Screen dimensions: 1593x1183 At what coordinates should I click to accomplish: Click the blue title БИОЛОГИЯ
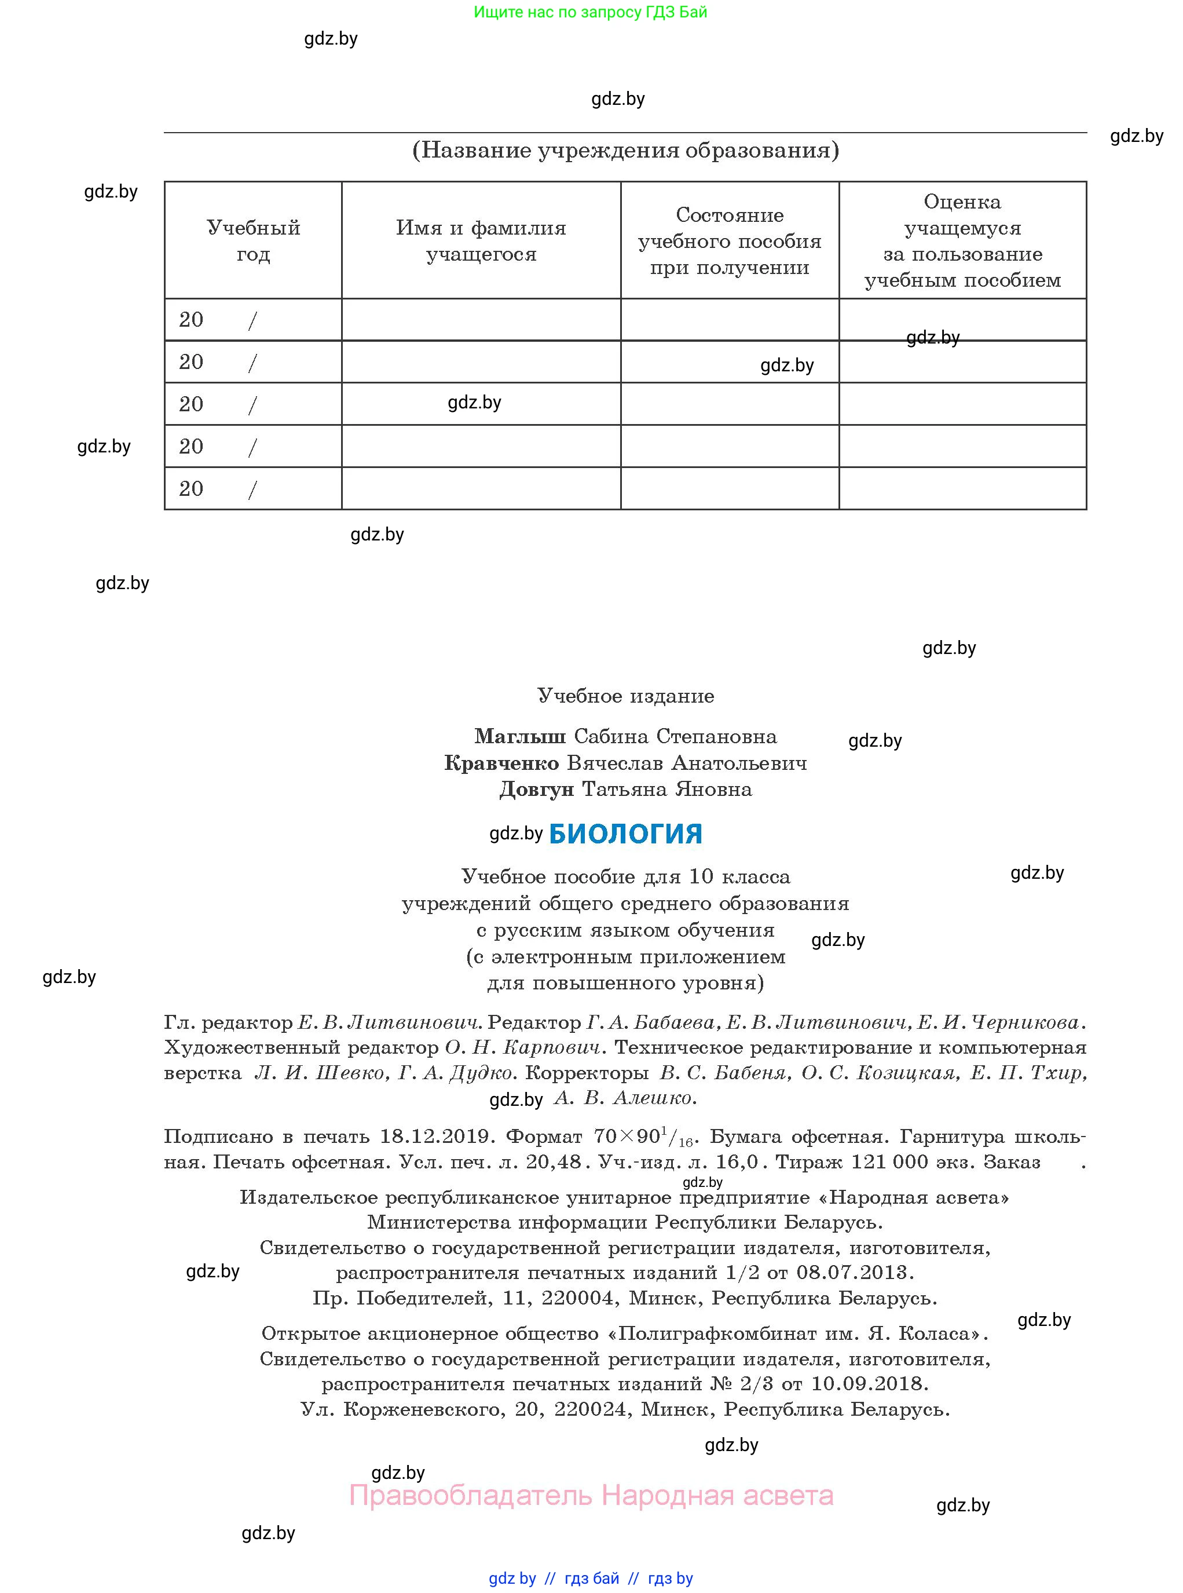click(x=625, y=834)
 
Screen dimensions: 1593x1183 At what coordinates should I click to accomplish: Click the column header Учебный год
click(x=253, y=240)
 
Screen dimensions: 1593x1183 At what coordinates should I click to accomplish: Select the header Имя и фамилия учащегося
click(x=481, y=240)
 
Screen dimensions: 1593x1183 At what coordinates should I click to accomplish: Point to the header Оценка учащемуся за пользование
click(x=962, y=240)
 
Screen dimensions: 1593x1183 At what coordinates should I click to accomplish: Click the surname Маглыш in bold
click(x=520, y=736)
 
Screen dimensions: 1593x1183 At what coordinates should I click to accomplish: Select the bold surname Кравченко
click(x=501, y=763)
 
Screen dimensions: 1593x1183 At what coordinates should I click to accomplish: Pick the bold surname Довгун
click(x=536, y=790)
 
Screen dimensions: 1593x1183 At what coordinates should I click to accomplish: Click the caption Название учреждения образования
click(x=625, y=151)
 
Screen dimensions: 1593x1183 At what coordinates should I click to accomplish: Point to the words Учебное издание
click(x=625, y=696)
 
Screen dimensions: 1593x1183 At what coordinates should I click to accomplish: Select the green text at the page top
click(x=590, y=12)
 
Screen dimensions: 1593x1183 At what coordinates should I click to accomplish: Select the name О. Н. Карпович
click(x=522, y=1047)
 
